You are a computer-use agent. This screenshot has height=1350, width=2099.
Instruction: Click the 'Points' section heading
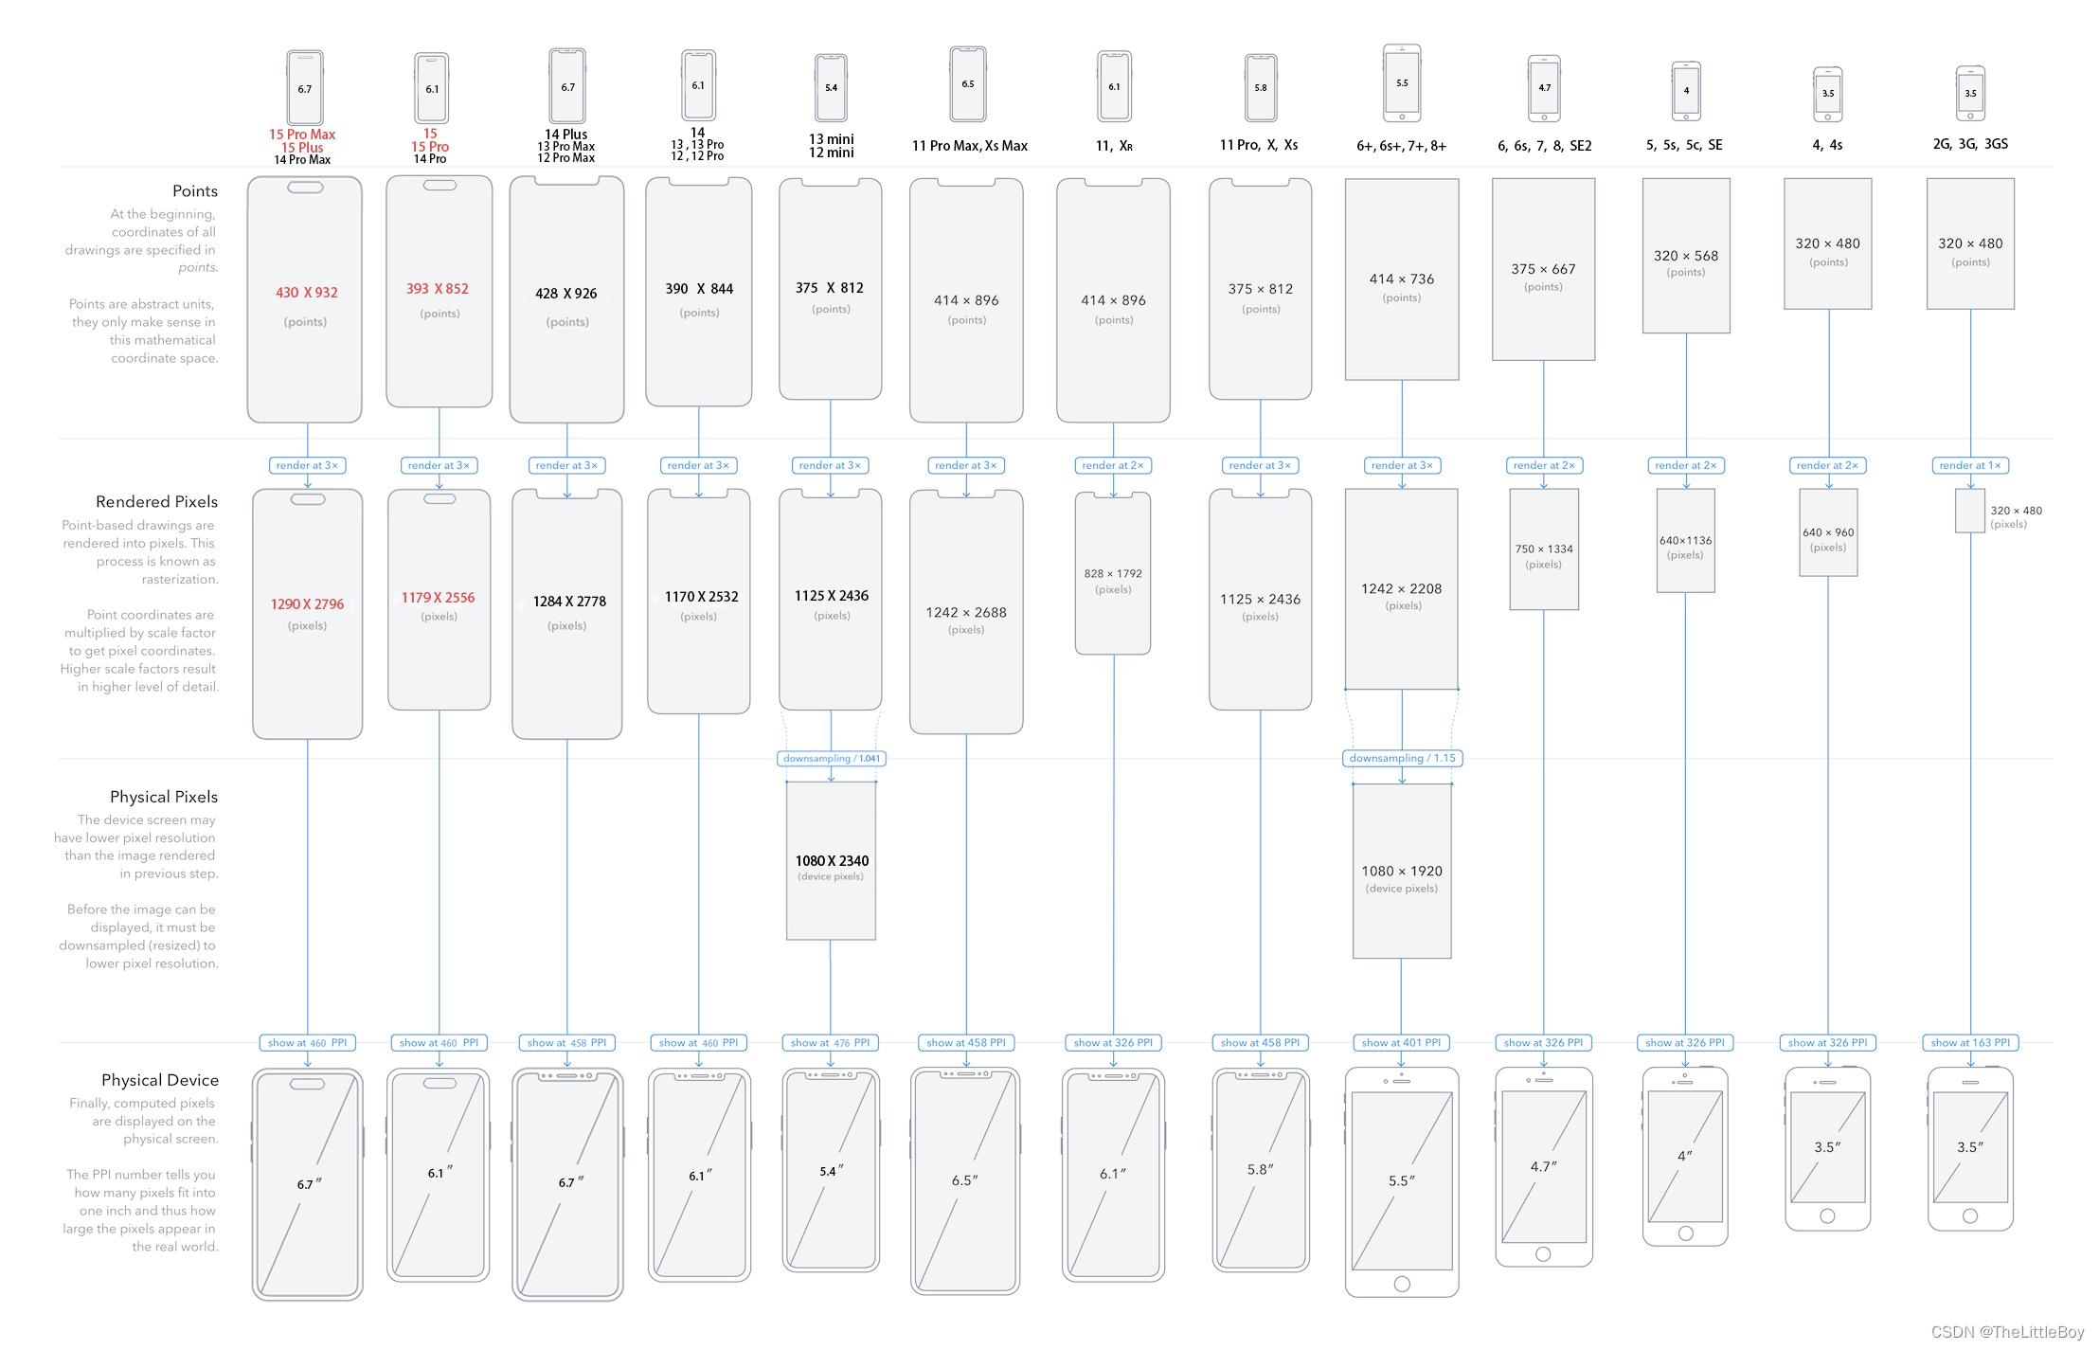tap(194, 191)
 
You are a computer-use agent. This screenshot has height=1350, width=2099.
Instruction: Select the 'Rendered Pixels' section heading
tap(156, 502)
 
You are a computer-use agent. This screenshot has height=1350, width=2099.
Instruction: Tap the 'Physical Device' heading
tap(159, 1080)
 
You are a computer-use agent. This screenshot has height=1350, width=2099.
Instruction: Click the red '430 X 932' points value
tap(306, 293)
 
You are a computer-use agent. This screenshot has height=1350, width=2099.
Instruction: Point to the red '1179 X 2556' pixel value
tap(438, 598)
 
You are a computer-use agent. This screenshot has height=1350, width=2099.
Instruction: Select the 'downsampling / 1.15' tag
tap(1402, 758)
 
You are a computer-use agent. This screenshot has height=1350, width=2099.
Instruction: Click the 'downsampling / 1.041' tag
tap(831, 758)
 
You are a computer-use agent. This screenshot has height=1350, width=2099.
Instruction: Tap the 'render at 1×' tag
tap(1969, 465)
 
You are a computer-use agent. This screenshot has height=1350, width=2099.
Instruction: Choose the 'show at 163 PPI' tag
tap(1969, 1042)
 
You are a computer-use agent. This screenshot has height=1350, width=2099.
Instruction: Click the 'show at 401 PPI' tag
tap(1401, 1042)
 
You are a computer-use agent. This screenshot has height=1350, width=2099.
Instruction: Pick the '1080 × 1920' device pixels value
tap(1401, 871)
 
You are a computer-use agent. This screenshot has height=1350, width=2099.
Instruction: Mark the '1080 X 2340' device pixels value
tap(832, 861)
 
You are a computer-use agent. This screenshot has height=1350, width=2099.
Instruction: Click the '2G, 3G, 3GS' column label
tap(1969, 144)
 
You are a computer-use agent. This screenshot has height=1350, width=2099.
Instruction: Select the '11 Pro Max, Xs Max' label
tap(969, 146)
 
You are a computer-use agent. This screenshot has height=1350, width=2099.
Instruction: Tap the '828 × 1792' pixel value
tap(1113, 574)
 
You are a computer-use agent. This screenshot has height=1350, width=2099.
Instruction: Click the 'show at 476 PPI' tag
tap(831, 1042)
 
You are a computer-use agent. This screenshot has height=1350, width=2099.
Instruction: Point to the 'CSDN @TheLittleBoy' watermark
tap(2007, 1331)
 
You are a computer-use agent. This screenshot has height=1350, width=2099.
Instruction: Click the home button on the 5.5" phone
tap(1402, 1284)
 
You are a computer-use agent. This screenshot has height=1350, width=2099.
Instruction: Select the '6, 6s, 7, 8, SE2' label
tap(1544, 146)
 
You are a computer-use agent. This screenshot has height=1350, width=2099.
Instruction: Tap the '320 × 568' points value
tap(1685, 256)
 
